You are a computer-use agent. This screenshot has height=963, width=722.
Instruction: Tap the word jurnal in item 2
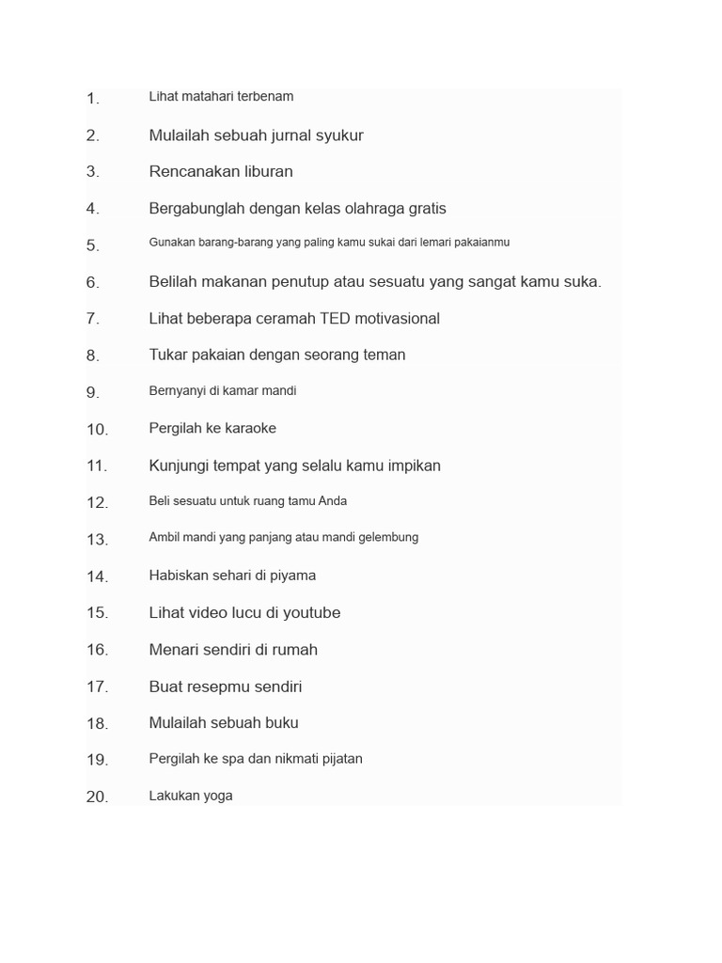click(x=297, y=135)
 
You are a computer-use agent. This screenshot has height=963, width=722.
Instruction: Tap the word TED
click(x=335, y=319)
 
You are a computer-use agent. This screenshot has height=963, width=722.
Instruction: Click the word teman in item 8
click(x=383, y=355)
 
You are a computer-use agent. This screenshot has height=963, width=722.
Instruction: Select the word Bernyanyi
click(x=177, y=391)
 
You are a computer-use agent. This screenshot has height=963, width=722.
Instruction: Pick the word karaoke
click(x=249, y=429)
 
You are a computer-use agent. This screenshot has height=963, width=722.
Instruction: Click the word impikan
click(x=408, y=466)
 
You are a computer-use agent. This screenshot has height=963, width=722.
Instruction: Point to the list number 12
click(x=98, y=503)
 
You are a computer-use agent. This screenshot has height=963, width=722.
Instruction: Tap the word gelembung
click(x=385, y=538)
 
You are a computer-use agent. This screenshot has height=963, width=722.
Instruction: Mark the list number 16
click(x=98, y=650)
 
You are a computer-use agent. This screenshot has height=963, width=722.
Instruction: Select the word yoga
click(x=217, y=797)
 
